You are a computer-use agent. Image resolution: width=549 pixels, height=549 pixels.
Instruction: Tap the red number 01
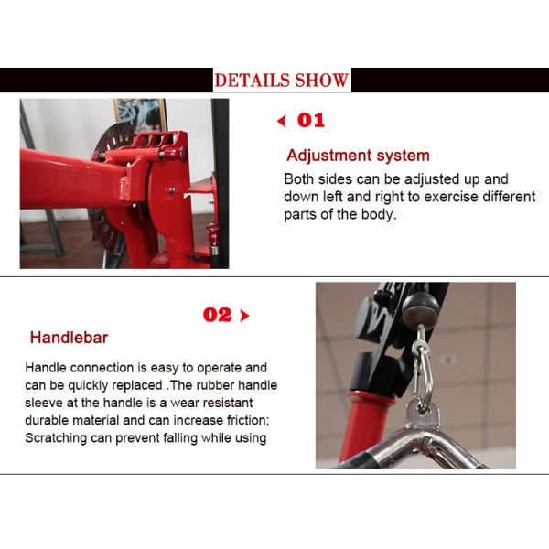coord(311,121)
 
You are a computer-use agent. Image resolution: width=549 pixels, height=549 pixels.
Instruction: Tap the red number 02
coord(218,316)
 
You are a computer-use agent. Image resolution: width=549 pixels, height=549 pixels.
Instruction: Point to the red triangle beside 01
coord(282,121)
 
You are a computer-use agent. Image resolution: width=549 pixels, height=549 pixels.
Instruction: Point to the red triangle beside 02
coord(244,316)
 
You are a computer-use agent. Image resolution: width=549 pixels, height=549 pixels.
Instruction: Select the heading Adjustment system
coord(358,155)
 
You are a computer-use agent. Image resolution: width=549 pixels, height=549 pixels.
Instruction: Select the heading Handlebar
coord(69,338)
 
